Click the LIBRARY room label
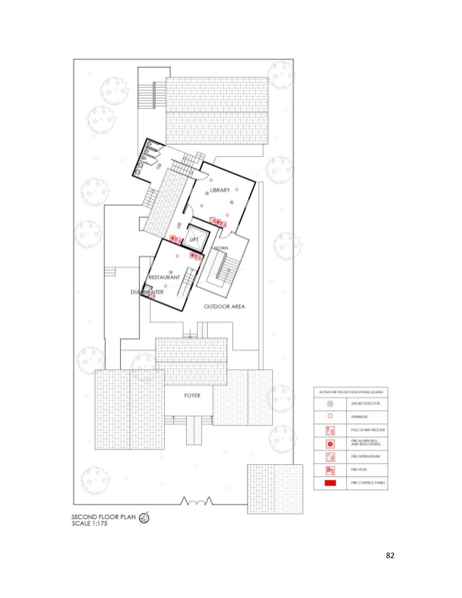click(219, 190)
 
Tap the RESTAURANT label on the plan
click(164, 277)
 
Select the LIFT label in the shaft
click(194, 239)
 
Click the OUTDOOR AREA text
click(224, 307)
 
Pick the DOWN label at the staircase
click(221, 248)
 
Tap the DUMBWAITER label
click(146, 291)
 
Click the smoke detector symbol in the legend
click(329, 403)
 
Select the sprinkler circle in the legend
click(329, 416)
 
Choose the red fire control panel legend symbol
click(329, 482)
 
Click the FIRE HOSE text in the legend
click(360, 469)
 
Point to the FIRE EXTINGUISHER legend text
click(365, 456)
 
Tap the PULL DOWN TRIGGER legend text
click(366, 430)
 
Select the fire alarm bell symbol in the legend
click(329, 443)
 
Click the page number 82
click(391, 555)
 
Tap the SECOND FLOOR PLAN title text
click(104, 516)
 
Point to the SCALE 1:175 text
click(91, 523)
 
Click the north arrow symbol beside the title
click(144, 518)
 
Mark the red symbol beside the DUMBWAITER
click(152, 296)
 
